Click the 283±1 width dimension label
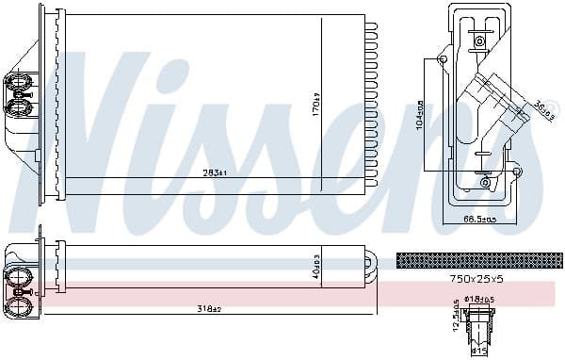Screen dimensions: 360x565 coord(216,172)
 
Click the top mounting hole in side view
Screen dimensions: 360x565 coord(481,41)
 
